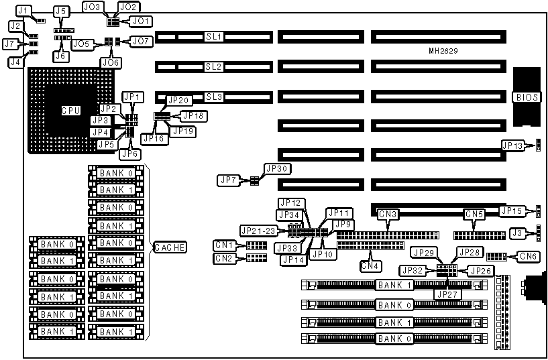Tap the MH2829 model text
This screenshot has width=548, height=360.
point(443,51)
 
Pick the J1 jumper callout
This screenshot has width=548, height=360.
point(24,11)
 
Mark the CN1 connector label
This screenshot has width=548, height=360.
point(223,245)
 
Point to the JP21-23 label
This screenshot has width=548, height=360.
point(257,230)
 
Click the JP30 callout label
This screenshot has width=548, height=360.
point(276,168)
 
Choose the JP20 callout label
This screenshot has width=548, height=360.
point(179,100)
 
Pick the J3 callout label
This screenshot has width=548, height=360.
point(516,233)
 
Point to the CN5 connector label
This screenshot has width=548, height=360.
point(474,215)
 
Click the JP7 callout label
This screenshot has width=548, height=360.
point(227,180)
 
